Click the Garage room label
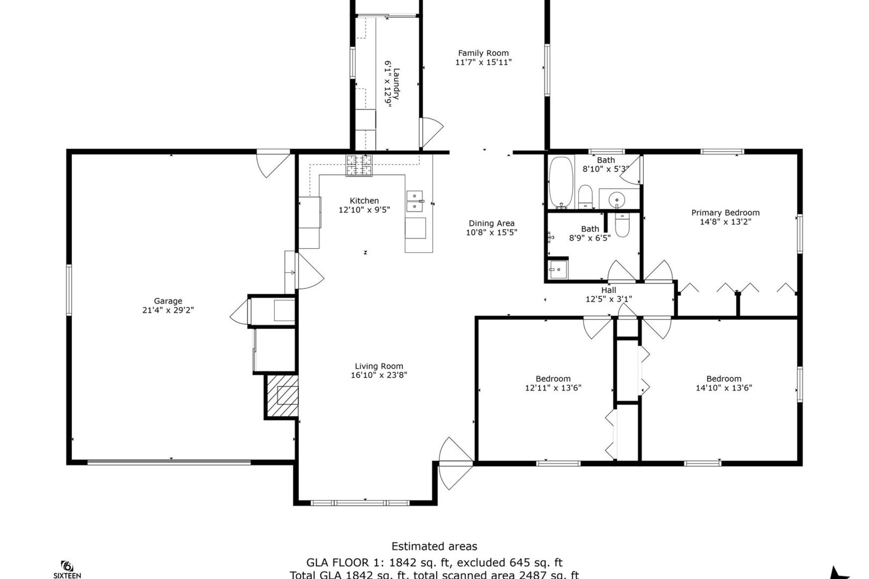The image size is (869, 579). point(168,301)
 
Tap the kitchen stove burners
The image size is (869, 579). point(359,165)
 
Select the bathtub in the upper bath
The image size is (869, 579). point(561,182)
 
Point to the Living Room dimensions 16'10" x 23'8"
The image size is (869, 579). point(379,375)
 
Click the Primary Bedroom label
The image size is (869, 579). point(725,212)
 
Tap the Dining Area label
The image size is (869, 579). point(491,223)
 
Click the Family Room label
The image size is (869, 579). point(483,53)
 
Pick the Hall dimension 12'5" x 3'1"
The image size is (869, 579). point(608,299)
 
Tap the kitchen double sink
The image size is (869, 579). point(414,201)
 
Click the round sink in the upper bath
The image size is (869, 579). point(617,200)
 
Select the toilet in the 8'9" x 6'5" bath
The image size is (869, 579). point(622,225)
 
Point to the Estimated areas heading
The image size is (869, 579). point(434,546)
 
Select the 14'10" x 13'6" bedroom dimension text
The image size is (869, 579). point(724,388)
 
